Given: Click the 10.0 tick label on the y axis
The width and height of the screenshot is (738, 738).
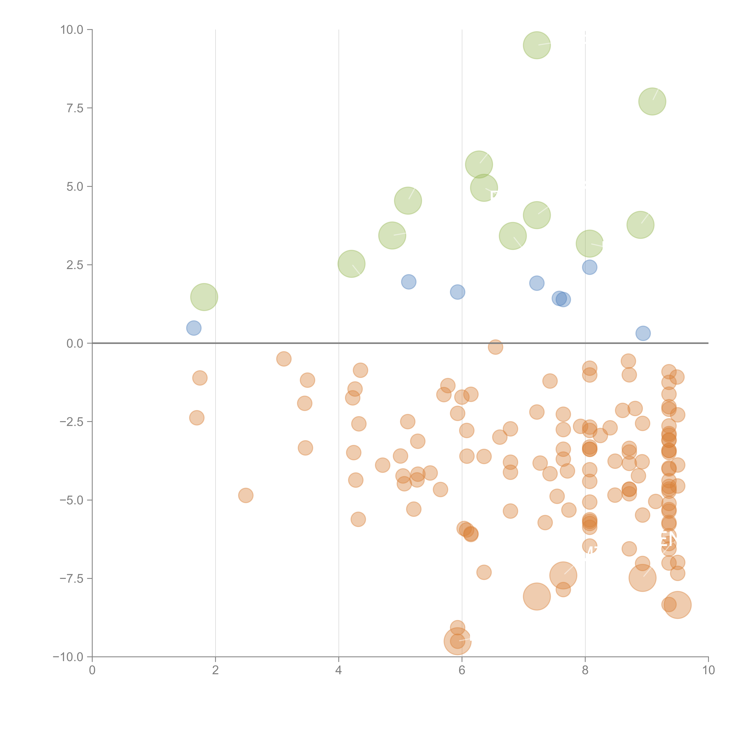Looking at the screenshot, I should click(72, 30).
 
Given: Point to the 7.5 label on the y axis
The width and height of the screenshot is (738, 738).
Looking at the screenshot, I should click(75, 108).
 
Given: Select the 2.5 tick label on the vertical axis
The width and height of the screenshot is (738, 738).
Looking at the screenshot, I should click(75, 265).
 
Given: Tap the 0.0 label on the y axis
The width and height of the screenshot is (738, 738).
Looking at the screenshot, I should click(75, 343).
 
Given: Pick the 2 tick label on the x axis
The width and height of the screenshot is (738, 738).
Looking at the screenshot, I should click(215, 670).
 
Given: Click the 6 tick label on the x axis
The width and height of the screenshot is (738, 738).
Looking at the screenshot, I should click(462, 670).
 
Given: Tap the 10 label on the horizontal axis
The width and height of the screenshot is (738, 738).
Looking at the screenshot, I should click(708, 670).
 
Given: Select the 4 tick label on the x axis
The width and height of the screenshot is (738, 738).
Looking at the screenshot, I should click(338, 670).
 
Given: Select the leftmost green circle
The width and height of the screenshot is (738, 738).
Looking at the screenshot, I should click(204, 297).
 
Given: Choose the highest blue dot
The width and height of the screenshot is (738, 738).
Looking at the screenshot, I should click(589, 267).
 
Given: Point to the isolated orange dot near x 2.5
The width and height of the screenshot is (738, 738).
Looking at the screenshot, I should click(246, 495).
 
